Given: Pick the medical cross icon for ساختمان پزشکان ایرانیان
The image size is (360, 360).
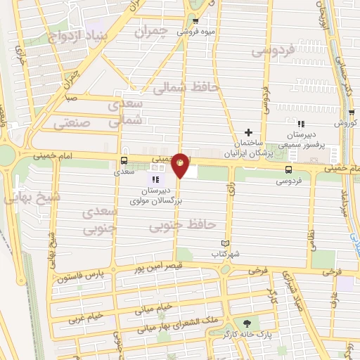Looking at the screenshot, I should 247,132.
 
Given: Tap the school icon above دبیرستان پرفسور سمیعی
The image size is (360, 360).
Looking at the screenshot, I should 300,124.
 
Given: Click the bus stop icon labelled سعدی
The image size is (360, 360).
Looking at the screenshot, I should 124,160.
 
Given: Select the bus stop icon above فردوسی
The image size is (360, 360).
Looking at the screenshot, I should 289,169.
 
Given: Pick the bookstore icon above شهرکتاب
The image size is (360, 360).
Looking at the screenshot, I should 225,243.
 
